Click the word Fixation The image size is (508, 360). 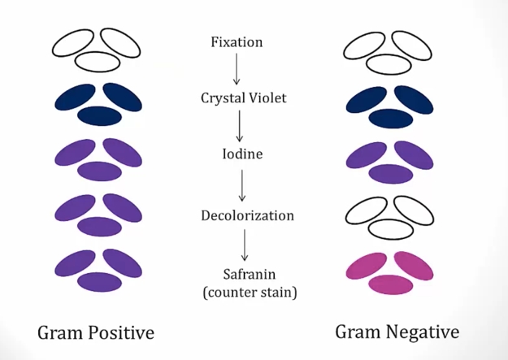(x=236, y=41)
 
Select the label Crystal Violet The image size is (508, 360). (x=243, y=98)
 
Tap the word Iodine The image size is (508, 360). (x=243, y=154)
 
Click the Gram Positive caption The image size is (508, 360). (x=96, y=332)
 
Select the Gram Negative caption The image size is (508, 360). (x=397, y=332)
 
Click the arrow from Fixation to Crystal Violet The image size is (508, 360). (x=237, y=69)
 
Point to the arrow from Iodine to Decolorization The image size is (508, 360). (x=241, y=184)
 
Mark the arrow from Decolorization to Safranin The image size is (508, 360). (x=245, y=244)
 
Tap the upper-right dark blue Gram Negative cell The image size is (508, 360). (x=414, y=98)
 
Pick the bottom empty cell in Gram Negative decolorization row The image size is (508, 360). (x=392, y=229)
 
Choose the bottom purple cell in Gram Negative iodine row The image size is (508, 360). (x=392, y=171)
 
